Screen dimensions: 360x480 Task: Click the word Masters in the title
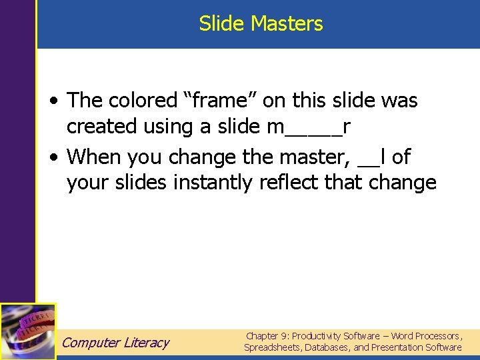tap(287, 24)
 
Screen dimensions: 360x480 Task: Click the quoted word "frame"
tap(217, 101)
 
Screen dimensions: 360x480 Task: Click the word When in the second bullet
tap(95, 157)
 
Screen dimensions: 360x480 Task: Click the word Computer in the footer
tap(91, 343)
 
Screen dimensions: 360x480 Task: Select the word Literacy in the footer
tap(147, 343)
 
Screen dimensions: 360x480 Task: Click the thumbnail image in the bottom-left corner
tap(28, 331)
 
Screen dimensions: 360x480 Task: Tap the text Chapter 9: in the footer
tap(267, 336)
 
